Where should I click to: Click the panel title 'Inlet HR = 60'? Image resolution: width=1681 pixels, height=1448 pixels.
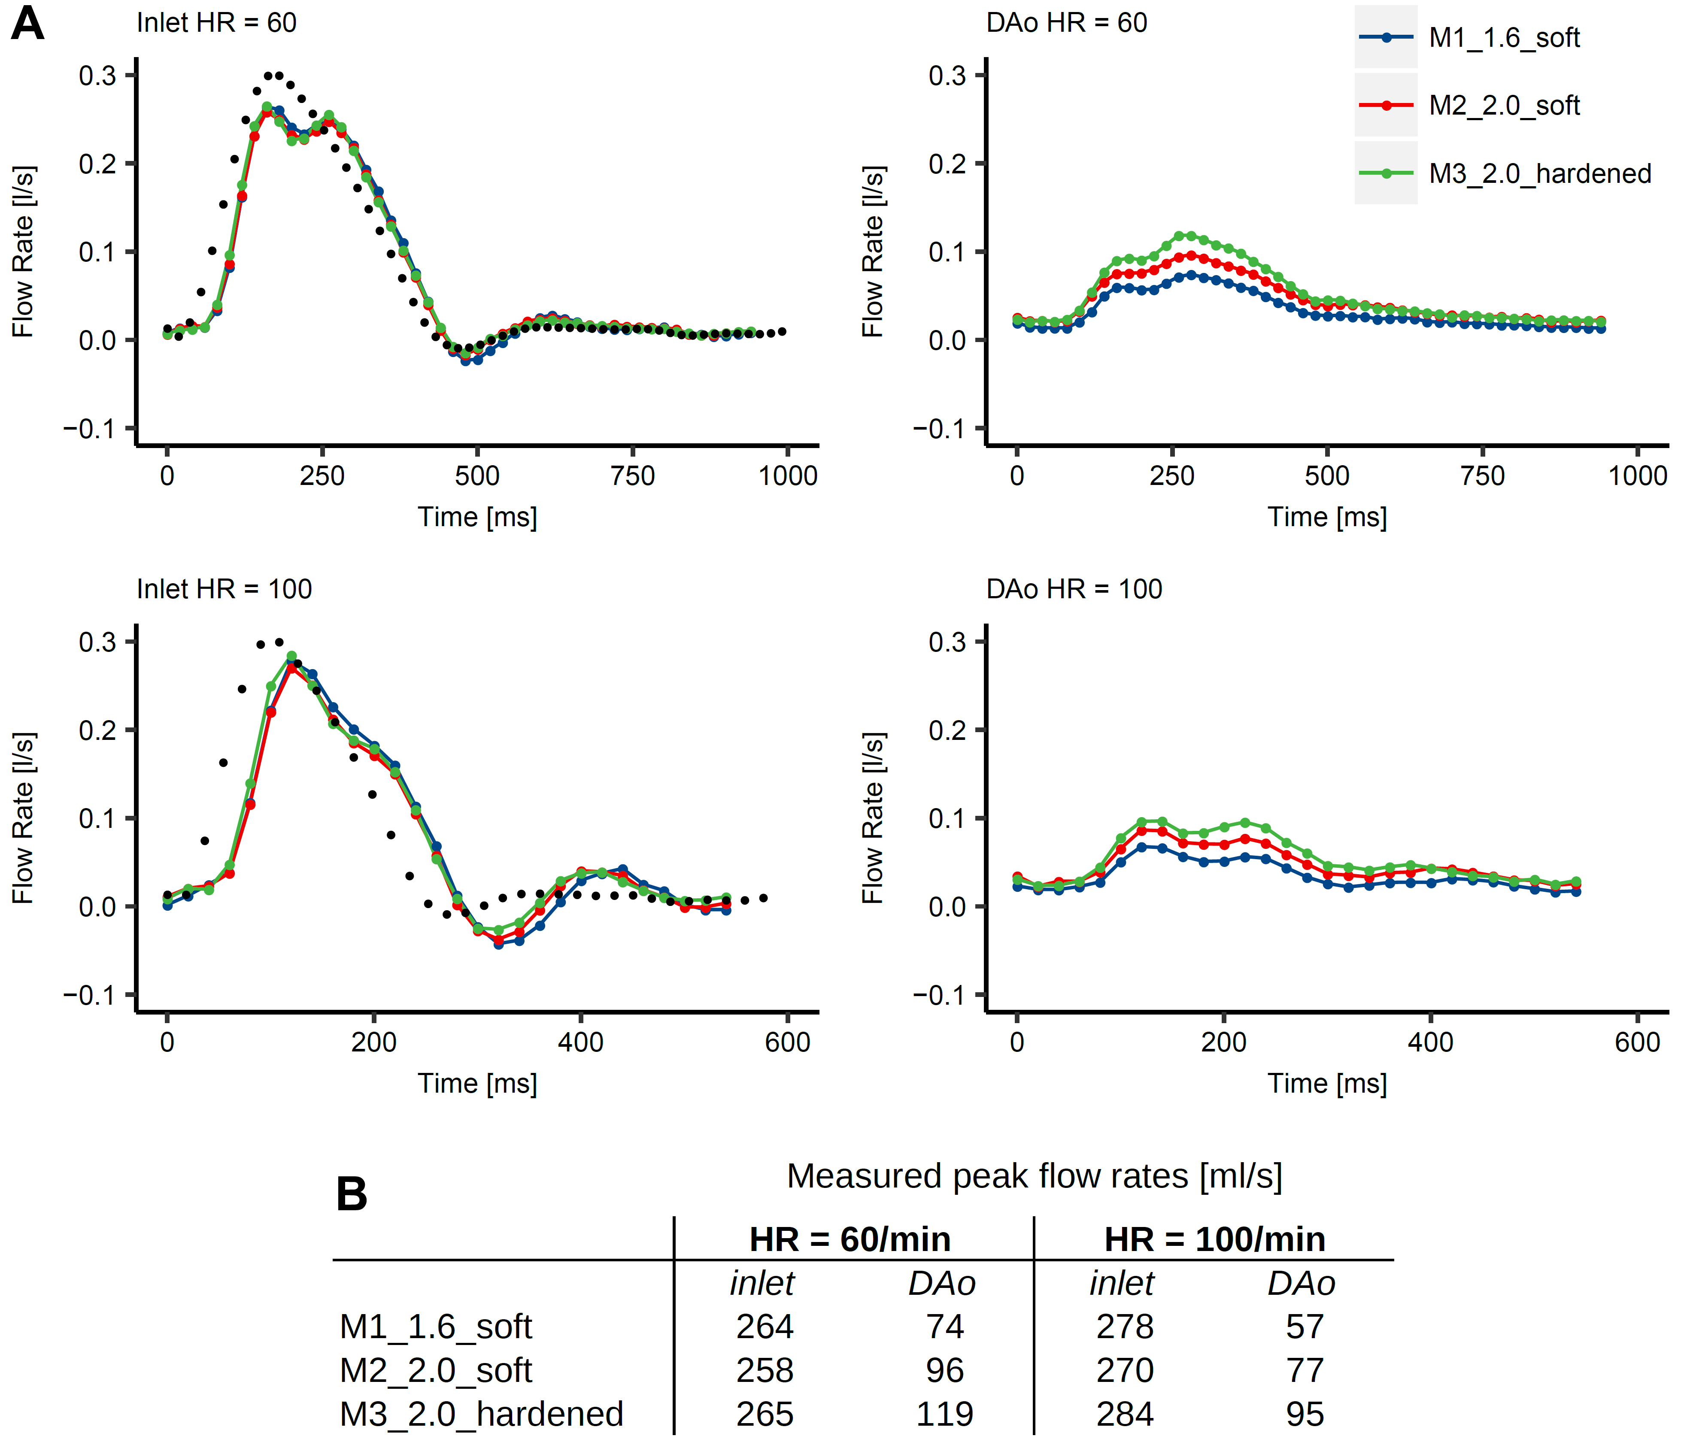click(216, 23)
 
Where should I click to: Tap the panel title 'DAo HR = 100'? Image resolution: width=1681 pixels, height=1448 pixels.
click(1073, 589)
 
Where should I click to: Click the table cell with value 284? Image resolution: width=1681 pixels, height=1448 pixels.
click(1124, 1414)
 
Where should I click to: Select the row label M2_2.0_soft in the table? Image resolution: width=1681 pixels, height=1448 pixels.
click(436, 1371)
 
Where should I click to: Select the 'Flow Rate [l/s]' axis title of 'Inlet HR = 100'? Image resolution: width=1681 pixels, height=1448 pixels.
click(23, 818)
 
